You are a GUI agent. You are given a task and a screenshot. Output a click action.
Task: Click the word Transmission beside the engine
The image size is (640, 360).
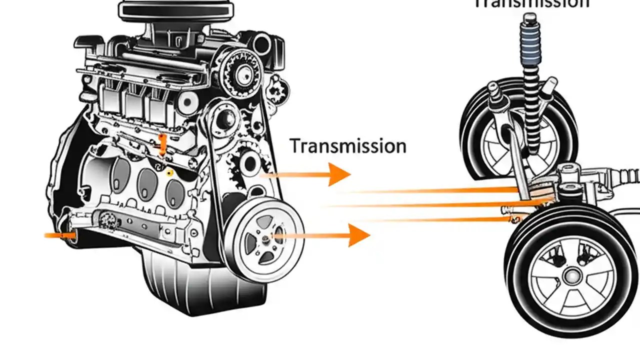coord(348,146)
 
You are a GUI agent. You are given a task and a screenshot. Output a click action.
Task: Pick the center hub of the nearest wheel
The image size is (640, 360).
coord(570,275)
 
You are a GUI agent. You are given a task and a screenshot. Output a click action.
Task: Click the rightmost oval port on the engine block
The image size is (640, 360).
coord(175,190)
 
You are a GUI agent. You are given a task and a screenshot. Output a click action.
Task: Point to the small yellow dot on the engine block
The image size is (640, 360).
coord(170,172)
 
